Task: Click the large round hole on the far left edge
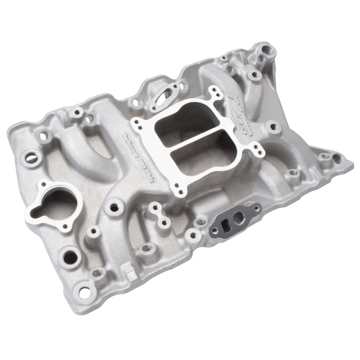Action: click(28, 157)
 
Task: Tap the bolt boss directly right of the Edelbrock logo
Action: click(272, 127)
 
